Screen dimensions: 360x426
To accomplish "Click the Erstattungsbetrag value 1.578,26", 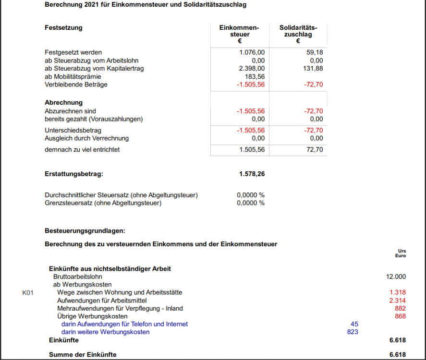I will tap(252, 174).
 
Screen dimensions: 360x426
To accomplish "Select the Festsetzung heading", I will tap(63, 27).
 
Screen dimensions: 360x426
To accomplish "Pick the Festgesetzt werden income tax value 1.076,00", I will tap(252, 52).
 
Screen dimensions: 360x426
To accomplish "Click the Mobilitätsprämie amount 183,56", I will tap(255, 77).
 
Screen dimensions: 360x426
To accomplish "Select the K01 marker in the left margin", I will tap(28, 292).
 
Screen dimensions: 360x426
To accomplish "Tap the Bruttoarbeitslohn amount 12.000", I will tap(396, 276).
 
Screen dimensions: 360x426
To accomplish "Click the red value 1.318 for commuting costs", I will tap(398, 292).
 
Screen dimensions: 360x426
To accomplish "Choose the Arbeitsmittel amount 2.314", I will tap(398, 300).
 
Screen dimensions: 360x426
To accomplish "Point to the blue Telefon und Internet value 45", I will tap(354, 324).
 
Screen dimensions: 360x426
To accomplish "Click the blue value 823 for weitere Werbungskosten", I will tap(353, 332).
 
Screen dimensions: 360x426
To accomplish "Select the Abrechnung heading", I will tap(63, 102).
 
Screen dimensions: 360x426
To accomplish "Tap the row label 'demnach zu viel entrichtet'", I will tap(82, 150).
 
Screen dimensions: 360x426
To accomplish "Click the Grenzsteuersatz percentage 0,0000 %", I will tap(251, 203).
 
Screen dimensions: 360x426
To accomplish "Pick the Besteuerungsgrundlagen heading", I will tap(85, 230).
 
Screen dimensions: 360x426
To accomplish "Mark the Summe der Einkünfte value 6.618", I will tap(398, 355).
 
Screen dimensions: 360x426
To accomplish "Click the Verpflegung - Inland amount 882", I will tap(400, 308).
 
